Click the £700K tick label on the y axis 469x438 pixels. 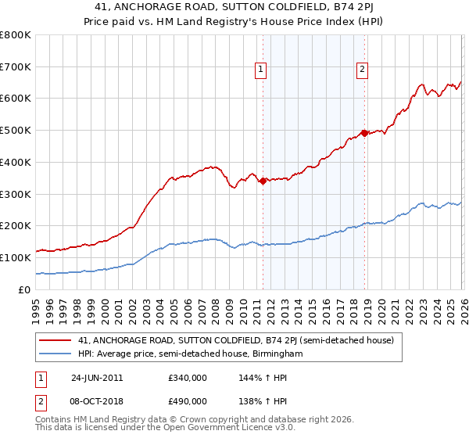pyautogui.click(x=16, y=66)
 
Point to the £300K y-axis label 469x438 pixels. pyautogui.click(x=16, y=194)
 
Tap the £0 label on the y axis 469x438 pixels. pyautogui.click(x=25, y=289)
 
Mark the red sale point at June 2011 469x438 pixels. pyautogui.click(x=263, y=181)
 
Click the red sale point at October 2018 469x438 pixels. pyautogui.click(x=363, y=133)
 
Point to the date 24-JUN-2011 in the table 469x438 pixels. pyautogui.click(x=97, y=377)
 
